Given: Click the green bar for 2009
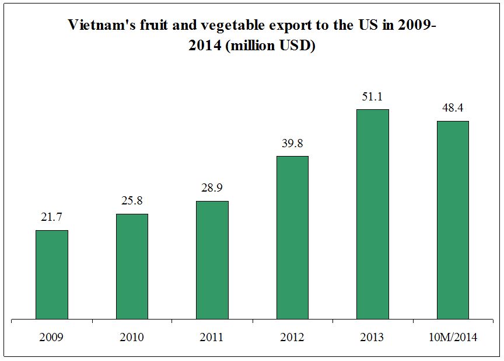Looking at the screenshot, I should tap(52, 275).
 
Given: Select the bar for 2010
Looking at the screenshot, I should tap(132, 266).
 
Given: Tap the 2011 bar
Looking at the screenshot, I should tap(212, 260).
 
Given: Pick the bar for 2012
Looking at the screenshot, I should tap(292, 238).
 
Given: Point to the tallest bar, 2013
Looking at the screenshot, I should tap(372, 214).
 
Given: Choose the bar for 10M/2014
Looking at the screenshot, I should tap(453, 220).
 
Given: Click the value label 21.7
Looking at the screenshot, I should tap(52, 217).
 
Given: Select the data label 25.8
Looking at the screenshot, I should tap(132, 201).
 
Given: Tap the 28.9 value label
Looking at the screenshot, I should tap(212, 188).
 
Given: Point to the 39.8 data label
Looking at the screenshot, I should tap(292, 143).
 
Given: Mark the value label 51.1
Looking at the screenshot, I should tap(372, 96).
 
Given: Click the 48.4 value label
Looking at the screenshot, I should tap(453, 108).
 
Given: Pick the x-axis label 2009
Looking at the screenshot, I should tap(52, 337).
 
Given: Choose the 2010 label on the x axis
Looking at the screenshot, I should tap(132, 337).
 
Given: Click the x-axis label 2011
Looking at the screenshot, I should tap(212, 337).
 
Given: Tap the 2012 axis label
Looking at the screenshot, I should tap(292, 337).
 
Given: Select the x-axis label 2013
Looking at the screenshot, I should tap(372, 337).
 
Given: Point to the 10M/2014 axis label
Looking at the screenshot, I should tap(453, 337).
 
